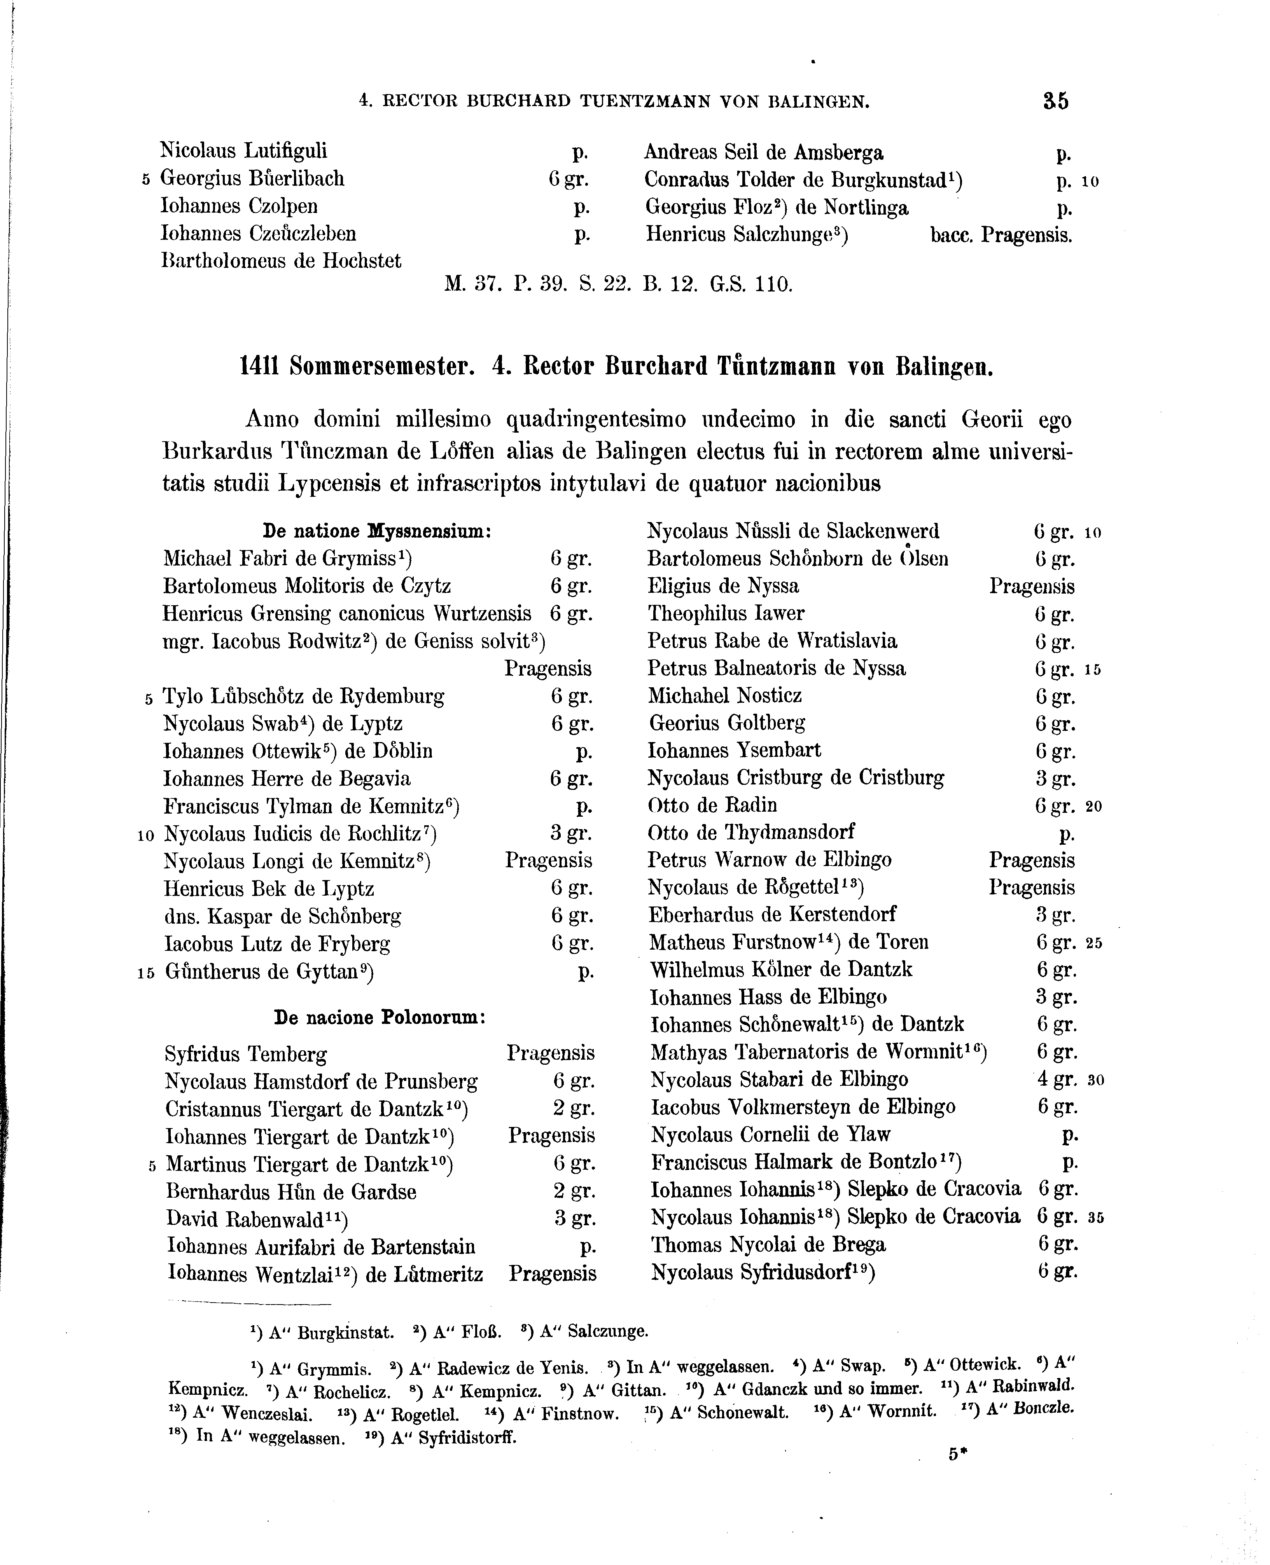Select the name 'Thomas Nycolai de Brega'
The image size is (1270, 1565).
pos(768,1245)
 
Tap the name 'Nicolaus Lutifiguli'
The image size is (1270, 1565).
pos(243,151)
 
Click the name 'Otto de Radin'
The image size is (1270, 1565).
pos(712,805)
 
